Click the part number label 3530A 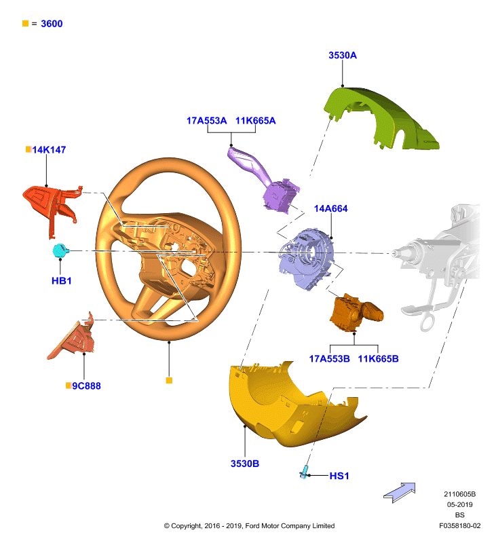[343, 56]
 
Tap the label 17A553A [207, 121]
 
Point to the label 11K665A [255, 121]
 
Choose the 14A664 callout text [330, 208]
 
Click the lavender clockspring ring [306, 257]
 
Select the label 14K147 [49, 149]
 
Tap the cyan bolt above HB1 [60, 250]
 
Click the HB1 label [62, 280]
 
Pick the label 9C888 [86, 386]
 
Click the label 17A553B [329, 359]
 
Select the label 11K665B [378, 359]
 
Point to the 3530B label [245, 464]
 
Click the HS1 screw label [339, 476]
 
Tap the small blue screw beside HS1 [304, 472]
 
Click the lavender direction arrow [400, 493]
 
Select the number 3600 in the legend [52, 24]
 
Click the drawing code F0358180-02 [459, 525]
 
